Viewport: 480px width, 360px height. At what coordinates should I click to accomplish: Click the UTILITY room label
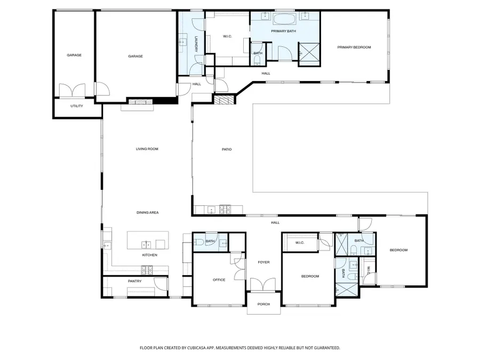[76, 106]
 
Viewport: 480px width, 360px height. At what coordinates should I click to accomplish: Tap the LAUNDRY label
[196, 44]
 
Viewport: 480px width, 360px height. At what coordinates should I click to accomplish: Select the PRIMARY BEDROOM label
[354, 47]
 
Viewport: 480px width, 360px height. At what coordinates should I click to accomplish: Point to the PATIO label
[227, 149]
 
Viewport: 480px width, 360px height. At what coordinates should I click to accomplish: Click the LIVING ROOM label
[147, 149]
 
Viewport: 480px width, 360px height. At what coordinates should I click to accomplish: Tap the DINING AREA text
[147, 212]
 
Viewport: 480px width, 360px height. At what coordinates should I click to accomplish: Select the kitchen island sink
[146, 245]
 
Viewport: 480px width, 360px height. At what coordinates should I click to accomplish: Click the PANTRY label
[135, 281]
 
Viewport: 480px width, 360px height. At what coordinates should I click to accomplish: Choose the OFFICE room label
[219, 280]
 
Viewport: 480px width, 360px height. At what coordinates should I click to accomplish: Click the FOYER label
[263, 262]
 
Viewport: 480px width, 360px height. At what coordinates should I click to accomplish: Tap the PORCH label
[263, 304]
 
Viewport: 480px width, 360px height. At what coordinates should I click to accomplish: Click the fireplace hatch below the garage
[139, 102]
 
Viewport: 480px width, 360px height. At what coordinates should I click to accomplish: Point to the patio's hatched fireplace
[223, 100]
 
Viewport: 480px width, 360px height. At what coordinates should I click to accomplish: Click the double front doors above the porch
[263, 284]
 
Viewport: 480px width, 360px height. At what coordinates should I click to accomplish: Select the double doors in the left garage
[72, 91]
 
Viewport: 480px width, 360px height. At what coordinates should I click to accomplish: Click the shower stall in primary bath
[309, 54]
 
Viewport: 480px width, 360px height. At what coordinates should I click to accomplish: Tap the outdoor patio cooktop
[225, 210]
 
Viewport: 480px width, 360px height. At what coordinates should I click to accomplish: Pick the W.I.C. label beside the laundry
[227, 36]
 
